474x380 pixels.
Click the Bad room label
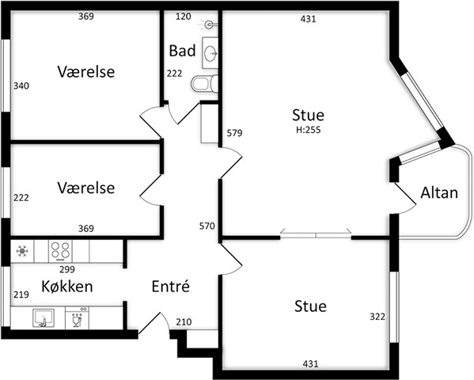[x=182, y=51]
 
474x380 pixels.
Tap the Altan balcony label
[x=439, y=192]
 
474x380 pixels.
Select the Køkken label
[x=67, y=287]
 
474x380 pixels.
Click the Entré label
[x=170, y=287]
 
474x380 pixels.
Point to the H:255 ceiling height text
[x=309, y=130]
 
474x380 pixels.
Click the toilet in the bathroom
[x=205, y=83]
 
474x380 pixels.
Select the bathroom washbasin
[x=210, y=53]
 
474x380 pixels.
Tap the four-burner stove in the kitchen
[x=60, y=251]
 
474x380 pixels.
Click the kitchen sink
[x=44, y=318]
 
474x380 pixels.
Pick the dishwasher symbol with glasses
[x=77, y=318]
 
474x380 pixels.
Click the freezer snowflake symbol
[x=22, y=251]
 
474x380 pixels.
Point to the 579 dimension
[x=234, y=133]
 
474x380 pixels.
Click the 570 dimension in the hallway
[x=207, y=226]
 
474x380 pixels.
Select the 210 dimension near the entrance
[x=184, y=322]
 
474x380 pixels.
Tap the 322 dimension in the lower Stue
[x=377, y=317]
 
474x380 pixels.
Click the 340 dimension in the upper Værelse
[x=21, y=86]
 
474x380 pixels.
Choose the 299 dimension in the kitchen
[x=67, y=269]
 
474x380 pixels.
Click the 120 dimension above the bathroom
[x=184, y=17]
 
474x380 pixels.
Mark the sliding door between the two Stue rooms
[x=316, y=235]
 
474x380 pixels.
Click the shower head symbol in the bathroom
[x=208, y=25]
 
